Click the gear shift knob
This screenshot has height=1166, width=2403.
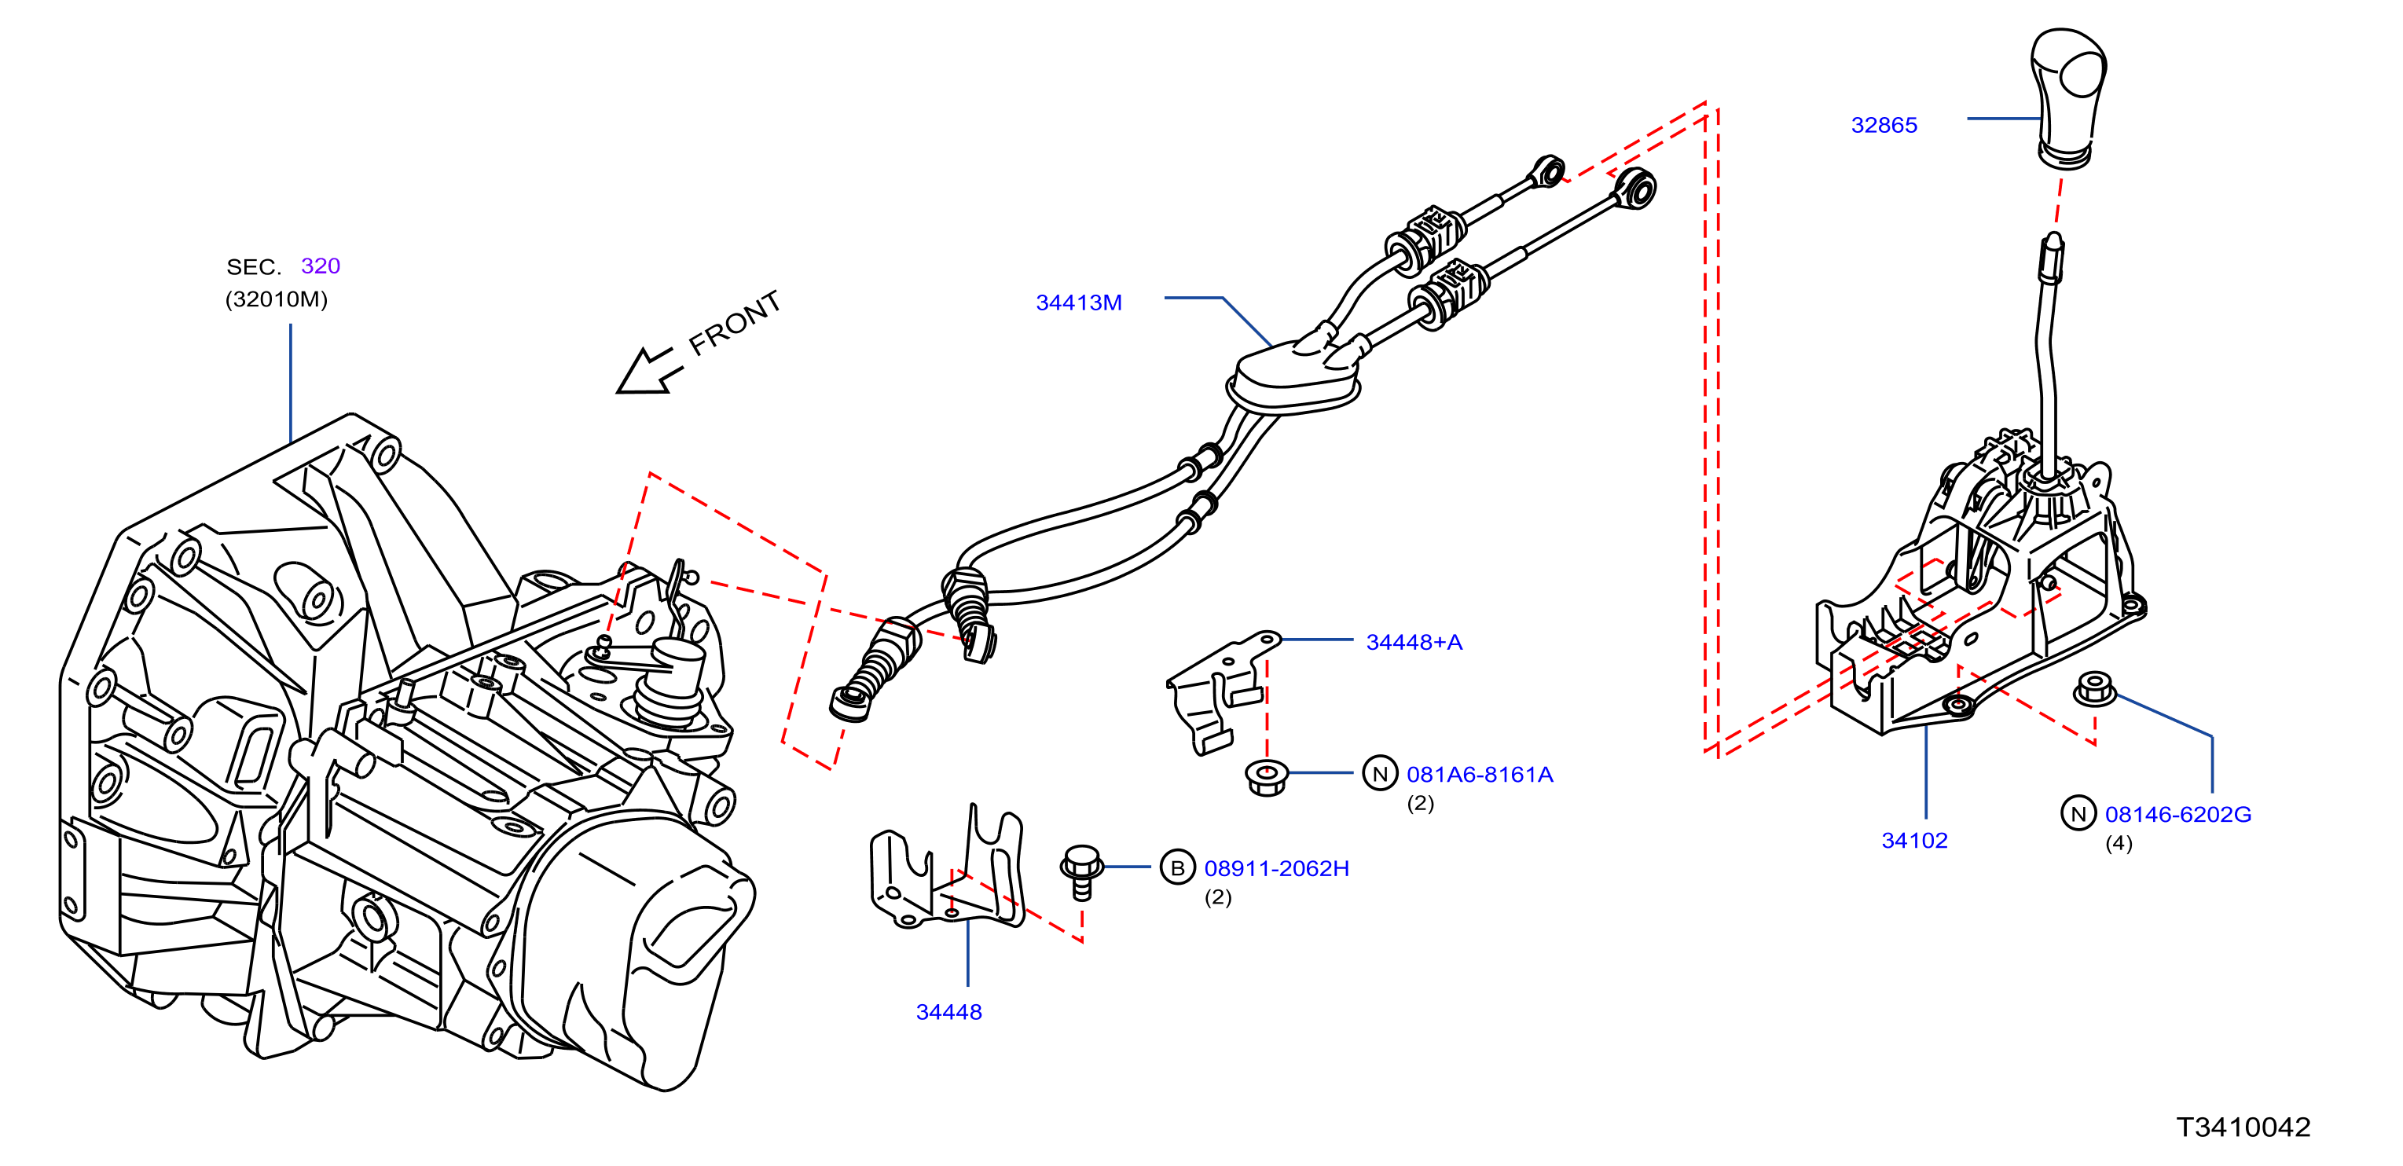(2068, 98)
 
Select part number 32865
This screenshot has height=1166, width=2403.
(1884, 125)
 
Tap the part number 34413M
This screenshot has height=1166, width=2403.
(1078, 302)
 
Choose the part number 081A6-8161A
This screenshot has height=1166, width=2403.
(1480, 774)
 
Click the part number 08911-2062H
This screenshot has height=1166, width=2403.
(1276, 868)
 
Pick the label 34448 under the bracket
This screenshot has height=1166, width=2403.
(948, 1012)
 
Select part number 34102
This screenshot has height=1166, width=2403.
(1914, 841)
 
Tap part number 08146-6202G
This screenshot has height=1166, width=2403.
(2177, 814)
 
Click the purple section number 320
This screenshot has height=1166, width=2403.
(320, 266)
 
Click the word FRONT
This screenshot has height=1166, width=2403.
(734, 323)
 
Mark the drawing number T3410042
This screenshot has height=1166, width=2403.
(2243, 1127)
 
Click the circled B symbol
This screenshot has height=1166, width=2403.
(1177, 868)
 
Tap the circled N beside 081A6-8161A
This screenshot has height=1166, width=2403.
(1380, 774)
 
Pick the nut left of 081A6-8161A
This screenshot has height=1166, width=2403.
(1267, 777)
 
